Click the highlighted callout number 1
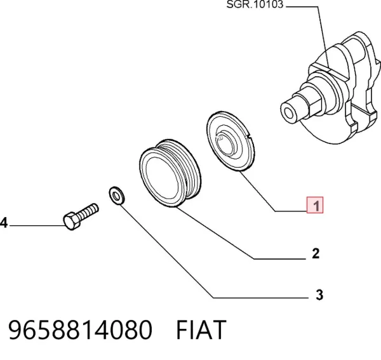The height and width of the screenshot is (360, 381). pyautogui.click(x=315, y=205)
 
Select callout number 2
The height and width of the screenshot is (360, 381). pyautogui.click(x=316, y=253)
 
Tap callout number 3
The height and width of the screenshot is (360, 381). pyautogui.click(x=319, y=295)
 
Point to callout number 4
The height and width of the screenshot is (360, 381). pyautogui.click(x=4, y=223)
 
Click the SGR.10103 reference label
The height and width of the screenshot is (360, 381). pyautogui.click(x=255, y=4)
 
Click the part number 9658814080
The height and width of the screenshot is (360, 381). pyautogui.click(x=81, y=330)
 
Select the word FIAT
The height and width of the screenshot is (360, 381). pyautogui.click(x=201, y=330)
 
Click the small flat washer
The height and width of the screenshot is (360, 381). pyautogui.click(x=117, y=196)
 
